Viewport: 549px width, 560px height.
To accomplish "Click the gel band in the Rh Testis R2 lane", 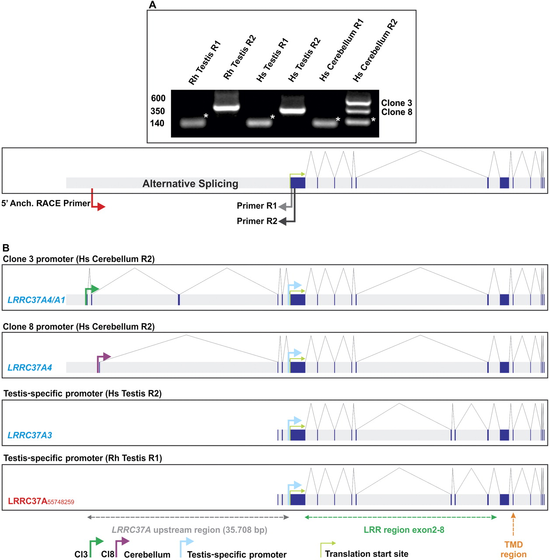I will tap(226, 106).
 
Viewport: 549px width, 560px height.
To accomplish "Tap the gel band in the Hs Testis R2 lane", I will tap(292, 109).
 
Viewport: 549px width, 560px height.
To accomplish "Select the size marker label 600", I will tap(158, 98).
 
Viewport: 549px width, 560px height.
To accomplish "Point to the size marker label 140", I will tap(157, 123).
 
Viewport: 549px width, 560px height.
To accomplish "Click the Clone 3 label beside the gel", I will tap(396, 103).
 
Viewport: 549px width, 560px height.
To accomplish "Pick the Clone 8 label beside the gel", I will tap(396, 112).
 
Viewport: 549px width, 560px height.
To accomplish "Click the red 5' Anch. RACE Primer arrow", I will tap(100, 206).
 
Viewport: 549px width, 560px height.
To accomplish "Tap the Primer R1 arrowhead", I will tap(283, 206).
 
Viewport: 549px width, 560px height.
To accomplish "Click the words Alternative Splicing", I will tap(190, 184).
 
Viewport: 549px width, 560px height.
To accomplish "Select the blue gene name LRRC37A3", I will tap(30, 435).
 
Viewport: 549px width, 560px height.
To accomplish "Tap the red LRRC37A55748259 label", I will tap(41, 501).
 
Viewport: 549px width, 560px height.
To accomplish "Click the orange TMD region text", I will tap(513, 549).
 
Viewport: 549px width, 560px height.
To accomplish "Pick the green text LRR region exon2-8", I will tap(404, 530).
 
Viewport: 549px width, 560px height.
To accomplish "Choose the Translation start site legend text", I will tap(367, 554).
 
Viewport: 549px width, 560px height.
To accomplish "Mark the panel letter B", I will tap(6, 248).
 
